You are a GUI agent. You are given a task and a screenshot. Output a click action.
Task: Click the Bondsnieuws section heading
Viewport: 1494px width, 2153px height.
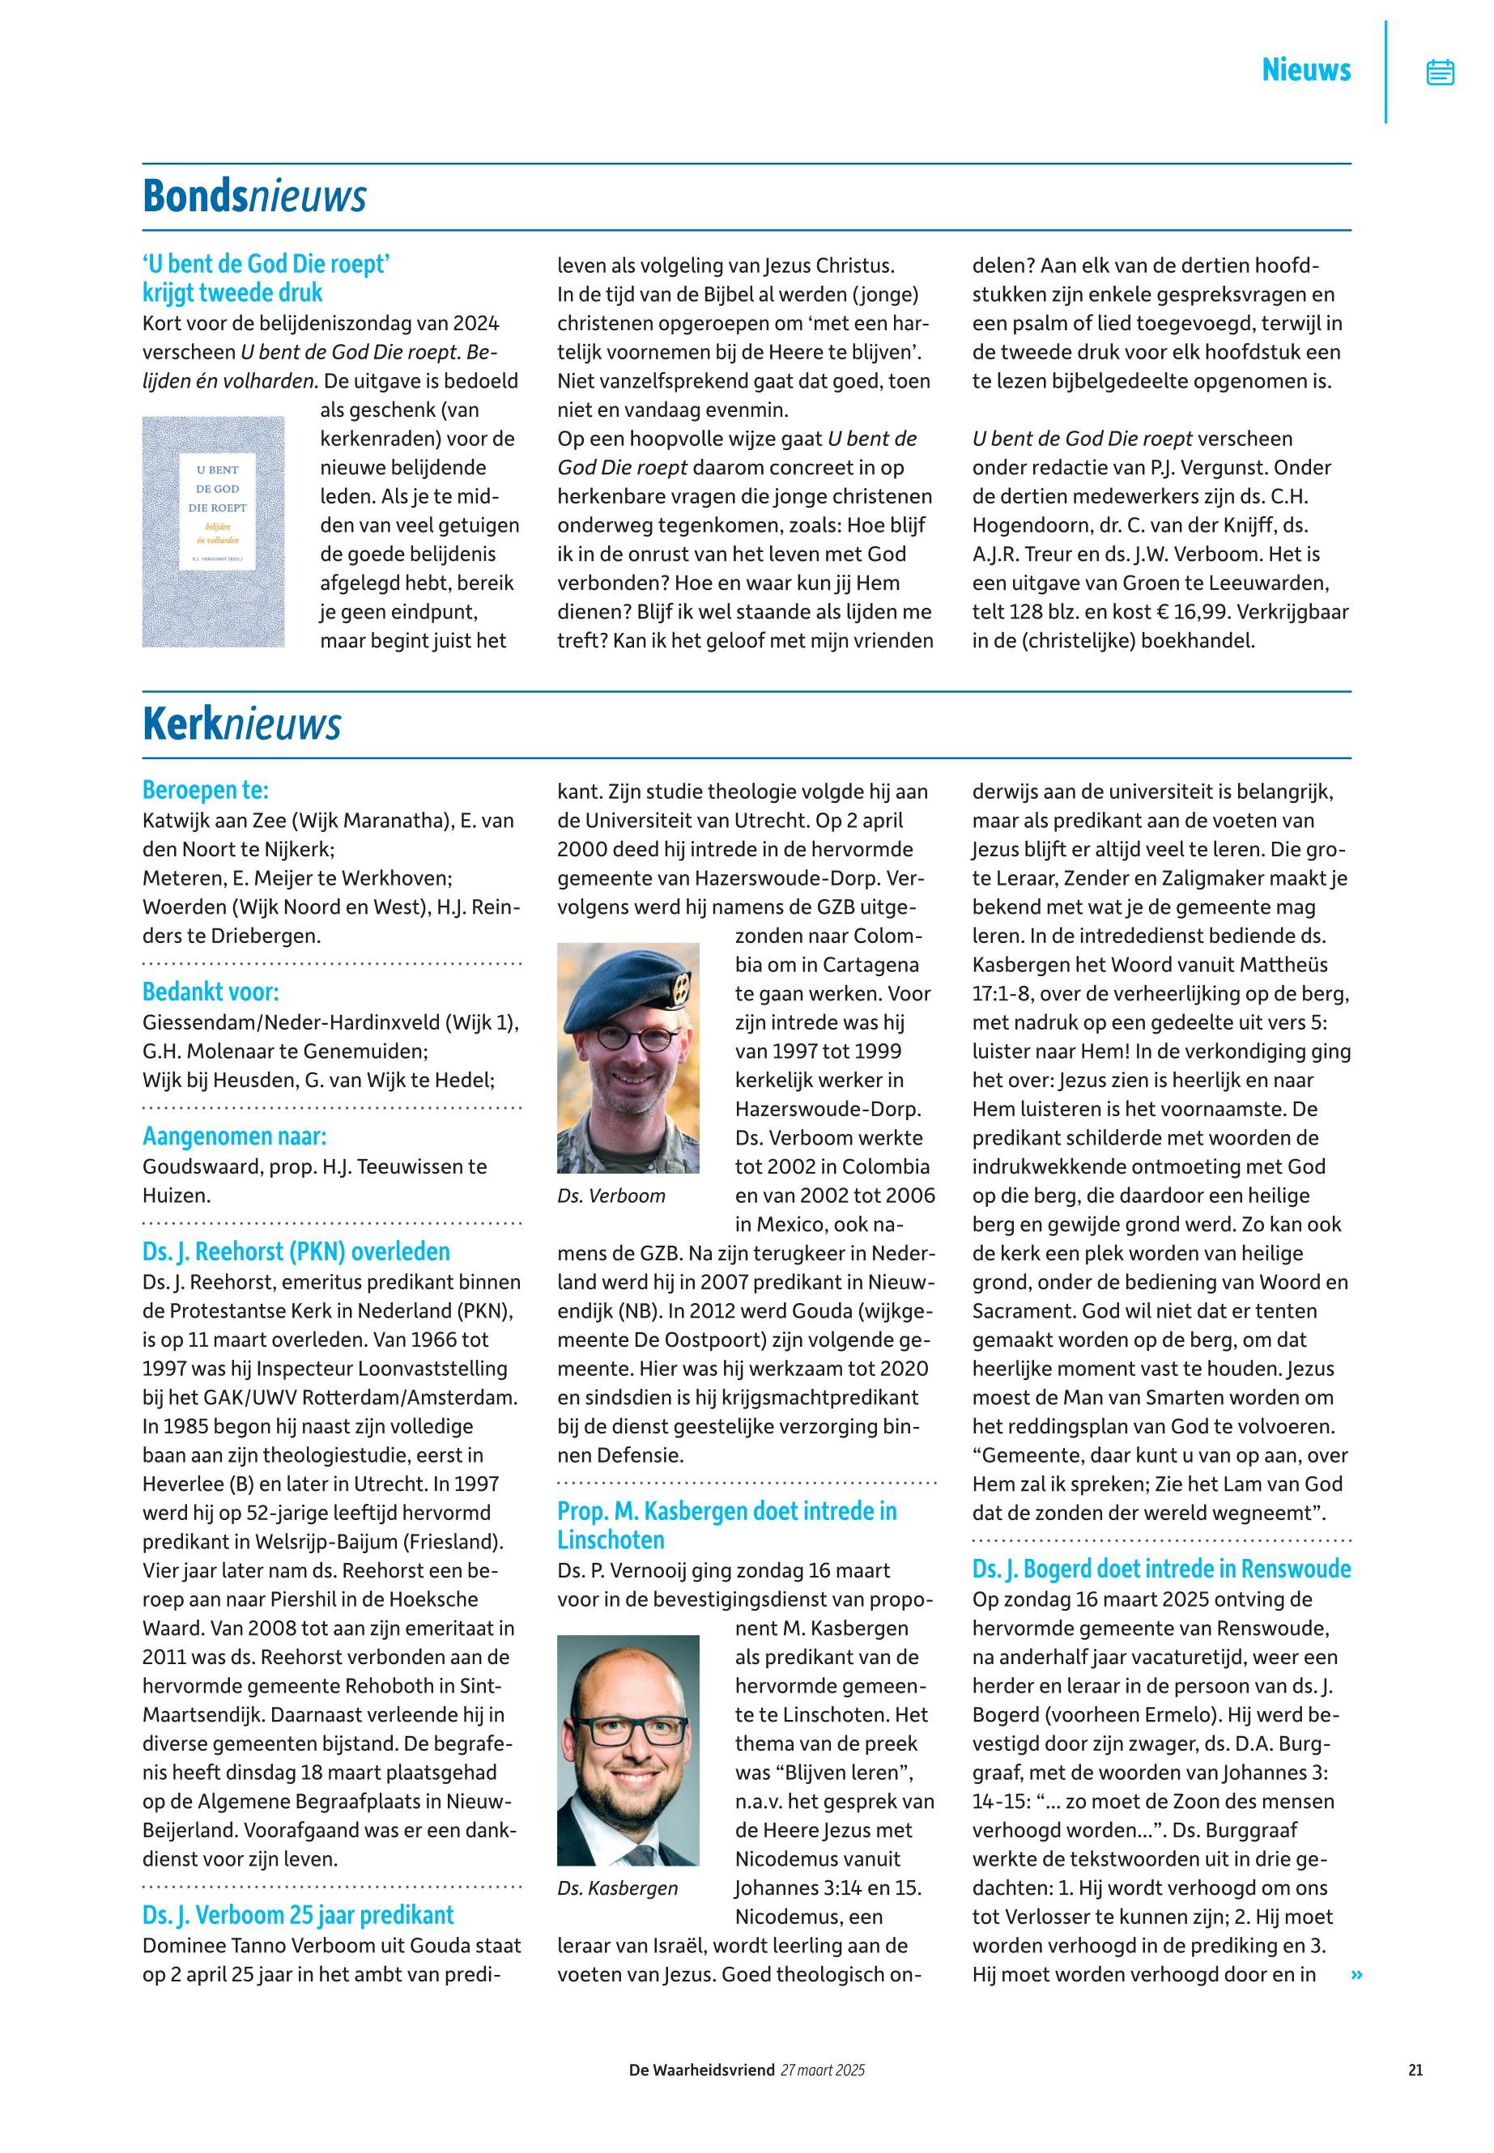point(253,197)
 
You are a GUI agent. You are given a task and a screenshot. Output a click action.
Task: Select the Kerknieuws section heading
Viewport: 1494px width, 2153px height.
point(241,724)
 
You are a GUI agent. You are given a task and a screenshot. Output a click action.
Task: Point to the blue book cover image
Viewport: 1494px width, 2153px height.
point(214,532)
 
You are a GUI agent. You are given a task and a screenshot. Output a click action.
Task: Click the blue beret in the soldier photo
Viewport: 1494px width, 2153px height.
point(630,977)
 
